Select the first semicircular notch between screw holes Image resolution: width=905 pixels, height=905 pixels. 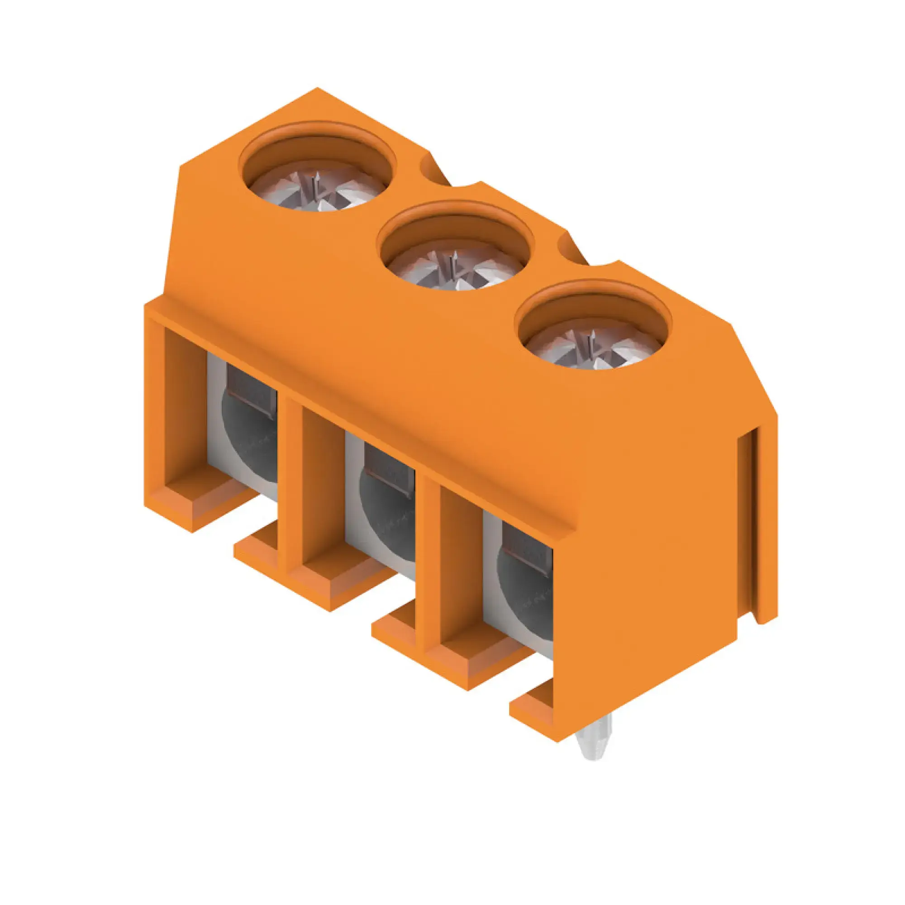tap(433, 169)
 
